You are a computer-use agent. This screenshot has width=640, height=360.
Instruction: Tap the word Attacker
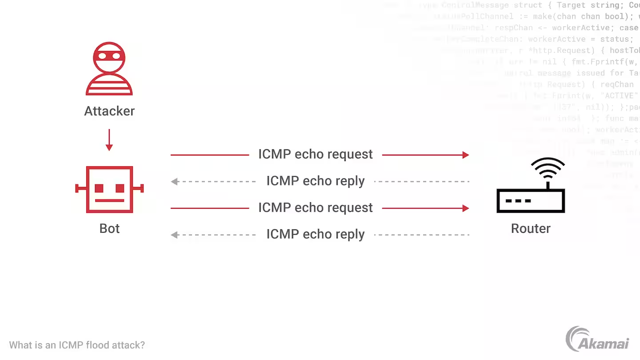109,111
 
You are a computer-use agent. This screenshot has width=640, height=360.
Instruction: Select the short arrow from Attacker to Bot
109,140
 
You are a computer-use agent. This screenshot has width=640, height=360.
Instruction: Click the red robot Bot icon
109,189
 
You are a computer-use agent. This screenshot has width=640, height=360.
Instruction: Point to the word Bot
109,228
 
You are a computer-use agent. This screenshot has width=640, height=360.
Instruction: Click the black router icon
531,200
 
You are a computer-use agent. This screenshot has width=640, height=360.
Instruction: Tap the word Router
531,228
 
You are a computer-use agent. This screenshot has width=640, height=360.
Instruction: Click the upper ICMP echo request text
316,154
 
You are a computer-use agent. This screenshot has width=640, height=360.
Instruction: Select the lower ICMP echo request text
316,208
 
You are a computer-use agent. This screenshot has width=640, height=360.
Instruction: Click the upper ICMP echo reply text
316,181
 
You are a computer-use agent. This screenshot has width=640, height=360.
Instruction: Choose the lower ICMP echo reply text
316,234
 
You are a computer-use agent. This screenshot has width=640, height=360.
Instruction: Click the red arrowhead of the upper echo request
465,155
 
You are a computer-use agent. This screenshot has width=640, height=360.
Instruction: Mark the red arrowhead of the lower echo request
465,208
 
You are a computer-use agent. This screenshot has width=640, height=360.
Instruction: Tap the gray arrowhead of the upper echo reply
175,181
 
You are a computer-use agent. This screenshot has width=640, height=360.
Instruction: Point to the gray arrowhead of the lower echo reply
175,235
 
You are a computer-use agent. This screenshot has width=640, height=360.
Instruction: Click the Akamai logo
597,340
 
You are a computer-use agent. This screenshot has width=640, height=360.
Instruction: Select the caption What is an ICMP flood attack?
77,345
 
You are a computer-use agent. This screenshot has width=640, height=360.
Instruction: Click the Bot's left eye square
99,188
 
